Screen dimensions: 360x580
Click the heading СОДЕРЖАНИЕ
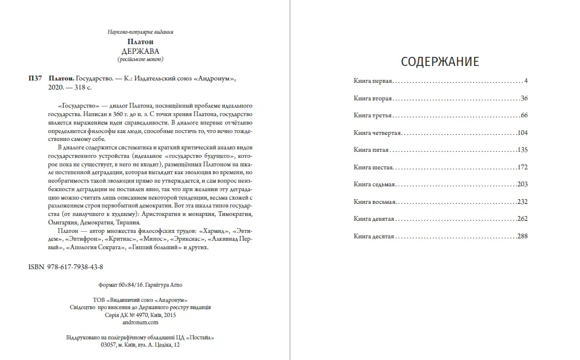tap(440, 62)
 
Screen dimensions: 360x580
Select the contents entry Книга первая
tap(373, 80)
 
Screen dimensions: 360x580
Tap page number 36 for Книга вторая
tap(524, 98)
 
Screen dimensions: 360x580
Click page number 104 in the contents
tap(523, 133)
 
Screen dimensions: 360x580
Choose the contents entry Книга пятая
tap(371, 149)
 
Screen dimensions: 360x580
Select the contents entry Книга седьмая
tap(374, 184)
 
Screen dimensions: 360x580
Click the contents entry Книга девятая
tap(374, 218)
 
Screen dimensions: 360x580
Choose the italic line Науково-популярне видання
tap(140, 31)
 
